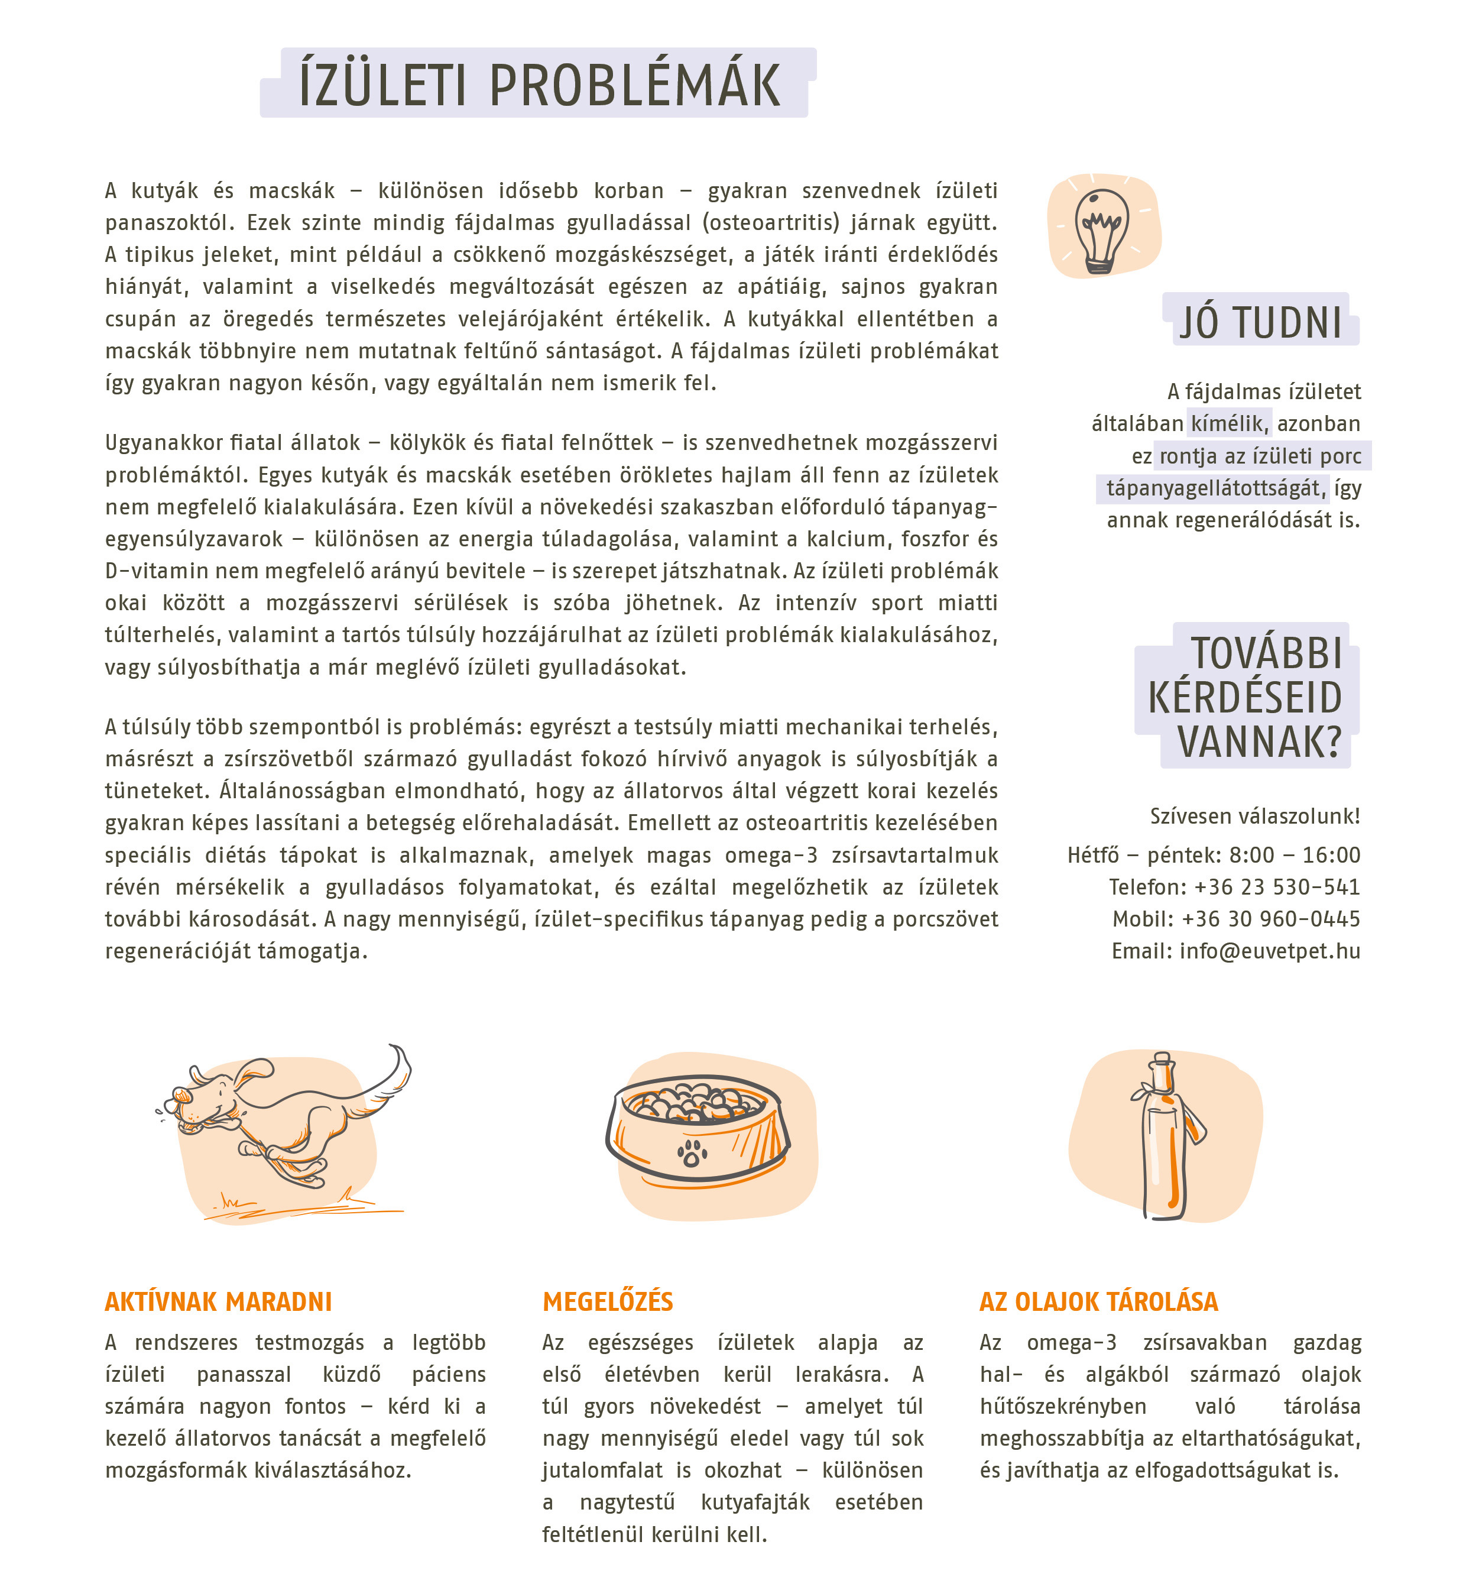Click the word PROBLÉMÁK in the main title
point(635,86)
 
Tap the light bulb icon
point(1102,228)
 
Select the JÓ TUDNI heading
point(1260,323)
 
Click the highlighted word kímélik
point(1227,424)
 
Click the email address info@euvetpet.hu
point(1269,951)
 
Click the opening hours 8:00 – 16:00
point(1295,854)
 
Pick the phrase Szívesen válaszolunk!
point(1254,817)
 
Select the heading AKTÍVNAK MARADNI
point(218,1302)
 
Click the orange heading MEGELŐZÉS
point(608,1302)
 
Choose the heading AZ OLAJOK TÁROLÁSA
point(1099,1302)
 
